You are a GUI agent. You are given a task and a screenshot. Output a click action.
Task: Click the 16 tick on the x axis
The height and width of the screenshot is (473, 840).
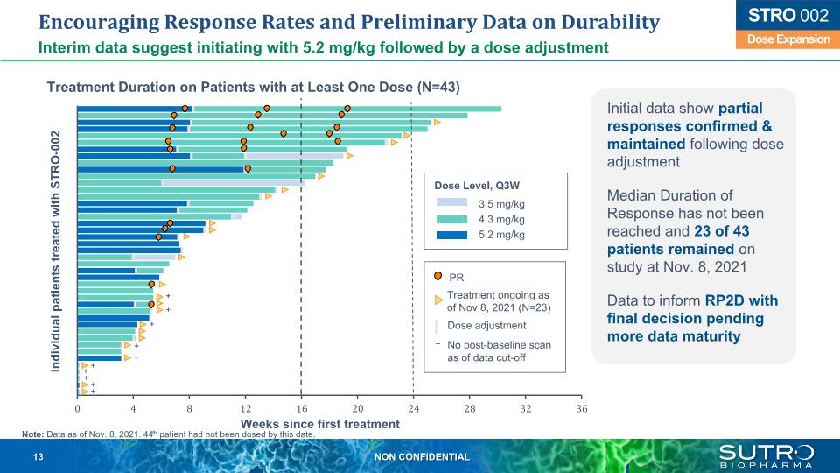point(301,407)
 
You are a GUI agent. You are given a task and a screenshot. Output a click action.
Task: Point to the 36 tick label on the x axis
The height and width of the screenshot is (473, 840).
point(581,407)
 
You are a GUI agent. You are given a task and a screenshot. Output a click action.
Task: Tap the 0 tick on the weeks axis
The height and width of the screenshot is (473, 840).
point(77,407)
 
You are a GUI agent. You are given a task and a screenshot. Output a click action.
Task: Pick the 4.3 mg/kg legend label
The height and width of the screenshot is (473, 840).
point(502,218)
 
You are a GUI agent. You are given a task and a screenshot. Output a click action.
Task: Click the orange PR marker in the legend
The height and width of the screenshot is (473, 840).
point(439,278)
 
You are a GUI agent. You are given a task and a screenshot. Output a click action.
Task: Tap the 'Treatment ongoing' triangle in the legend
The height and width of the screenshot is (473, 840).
point(439,300)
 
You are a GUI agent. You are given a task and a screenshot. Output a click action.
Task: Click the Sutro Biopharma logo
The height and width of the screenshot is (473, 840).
point(766,456)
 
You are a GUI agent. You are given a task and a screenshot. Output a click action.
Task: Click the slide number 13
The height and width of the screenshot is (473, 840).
point(38,457)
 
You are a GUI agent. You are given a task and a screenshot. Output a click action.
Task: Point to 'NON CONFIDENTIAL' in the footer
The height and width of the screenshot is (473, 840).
point(422,457)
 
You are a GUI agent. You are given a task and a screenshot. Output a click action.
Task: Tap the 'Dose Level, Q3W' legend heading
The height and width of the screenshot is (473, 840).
point(477,185)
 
